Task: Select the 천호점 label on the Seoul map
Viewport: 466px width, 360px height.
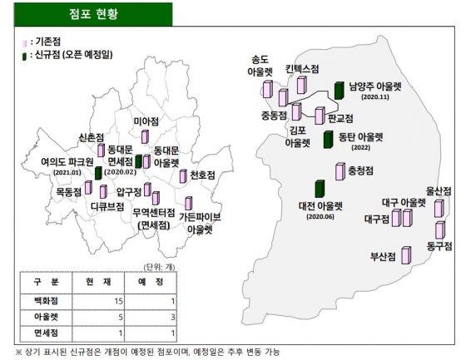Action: pyautogui.click(x=201, y=175)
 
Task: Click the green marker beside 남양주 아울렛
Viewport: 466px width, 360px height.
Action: pyautogui.click(x=339, y=90)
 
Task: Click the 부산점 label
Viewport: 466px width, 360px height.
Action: pyautogui.click(x=385, y=254)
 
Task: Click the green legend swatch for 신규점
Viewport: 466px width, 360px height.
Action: pyautogui.click(x=27, y=55)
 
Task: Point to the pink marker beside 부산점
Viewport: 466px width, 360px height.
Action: pyautogui.click(x=407, y=255)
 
